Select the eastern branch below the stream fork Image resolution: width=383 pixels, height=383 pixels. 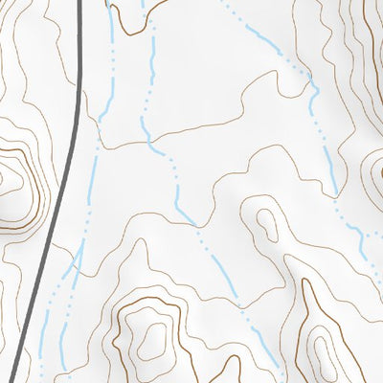tap(75, 306)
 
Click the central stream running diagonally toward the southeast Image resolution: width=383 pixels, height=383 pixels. tap(220, 268)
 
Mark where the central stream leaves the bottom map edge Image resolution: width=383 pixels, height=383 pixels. tap(278, 380)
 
